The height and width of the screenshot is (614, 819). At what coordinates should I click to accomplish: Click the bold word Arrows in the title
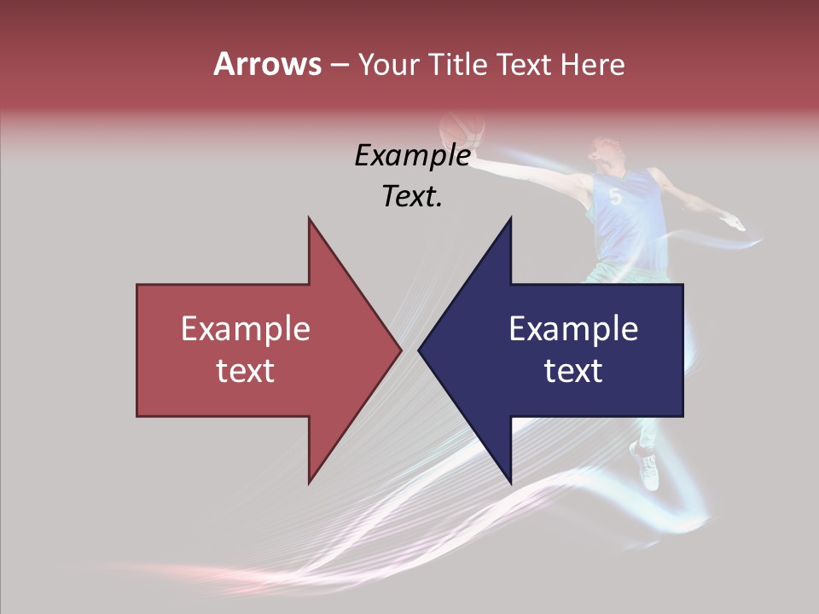267,64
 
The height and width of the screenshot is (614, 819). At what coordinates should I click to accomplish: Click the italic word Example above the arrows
412,156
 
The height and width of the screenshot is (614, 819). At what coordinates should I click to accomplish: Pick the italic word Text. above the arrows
412,196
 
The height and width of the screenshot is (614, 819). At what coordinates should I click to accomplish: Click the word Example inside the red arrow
246,328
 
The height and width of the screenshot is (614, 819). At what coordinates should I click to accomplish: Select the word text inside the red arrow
246,371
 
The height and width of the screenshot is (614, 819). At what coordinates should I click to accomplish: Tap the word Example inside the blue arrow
573,328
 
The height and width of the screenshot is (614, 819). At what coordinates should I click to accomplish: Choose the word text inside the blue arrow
573,371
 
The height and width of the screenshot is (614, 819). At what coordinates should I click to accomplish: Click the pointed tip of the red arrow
400,350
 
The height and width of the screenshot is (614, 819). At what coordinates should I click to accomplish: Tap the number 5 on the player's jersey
615,197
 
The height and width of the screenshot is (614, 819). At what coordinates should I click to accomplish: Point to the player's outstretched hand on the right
734,223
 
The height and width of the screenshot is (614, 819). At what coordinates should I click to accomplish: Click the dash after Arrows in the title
339,65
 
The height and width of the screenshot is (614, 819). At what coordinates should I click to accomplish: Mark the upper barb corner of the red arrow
309,219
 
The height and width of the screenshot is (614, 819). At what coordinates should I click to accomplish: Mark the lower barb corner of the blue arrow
510,482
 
